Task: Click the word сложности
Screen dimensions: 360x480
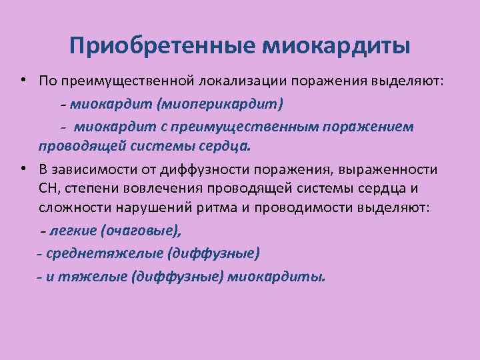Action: click(73, 207)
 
